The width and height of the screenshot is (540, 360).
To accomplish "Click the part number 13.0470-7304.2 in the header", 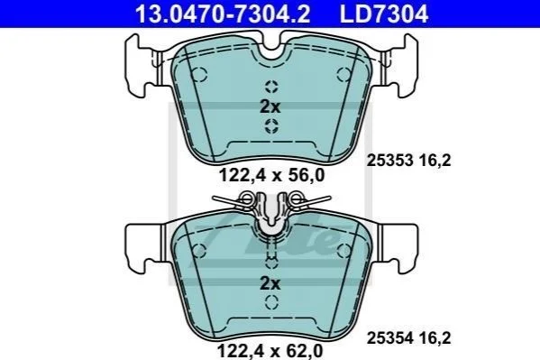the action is [223, 14].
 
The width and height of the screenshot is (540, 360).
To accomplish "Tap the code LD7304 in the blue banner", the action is [384, 14].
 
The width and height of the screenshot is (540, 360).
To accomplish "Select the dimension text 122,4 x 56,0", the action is [271, 175].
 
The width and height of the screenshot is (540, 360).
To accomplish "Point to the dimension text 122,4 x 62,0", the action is [270, 351].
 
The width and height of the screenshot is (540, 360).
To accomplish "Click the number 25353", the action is [389, 161].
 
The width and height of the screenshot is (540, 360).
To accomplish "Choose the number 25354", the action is [389, 338].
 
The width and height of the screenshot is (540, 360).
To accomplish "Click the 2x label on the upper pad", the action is [270, 106].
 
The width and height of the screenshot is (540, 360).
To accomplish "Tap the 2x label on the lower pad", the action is [270, 283].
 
